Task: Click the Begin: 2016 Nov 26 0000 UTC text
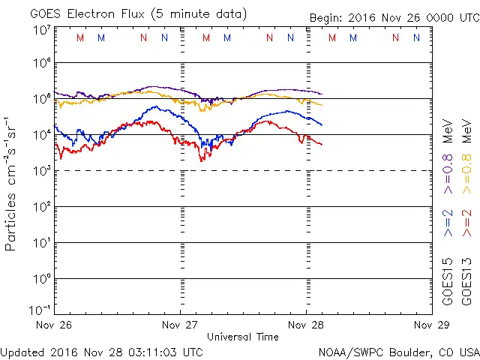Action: tap(394, 18)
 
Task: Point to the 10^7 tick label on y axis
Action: tap(41, 29)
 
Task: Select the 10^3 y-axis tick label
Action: tap(41, 171)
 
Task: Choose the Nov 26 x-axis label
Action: tap(54, 325)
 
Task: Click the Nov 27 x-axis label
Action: tap(180, 325)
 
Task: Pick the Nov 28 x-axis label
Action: tap(306, 325)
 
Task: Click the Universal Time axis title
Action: tap(243, 337)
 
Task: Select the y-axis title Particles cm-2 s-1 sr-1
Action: tap(11, 184)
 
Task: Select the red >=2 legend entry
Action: tap(466, 221)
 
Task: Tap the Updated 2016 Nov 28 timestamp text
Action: tap(101, 351)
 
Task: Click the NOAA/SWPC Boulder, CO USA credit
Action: tap(398, 351)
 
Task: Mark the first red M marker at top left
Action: tap(80, 37)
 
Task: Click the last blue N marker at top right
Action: tap(415, 37)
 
